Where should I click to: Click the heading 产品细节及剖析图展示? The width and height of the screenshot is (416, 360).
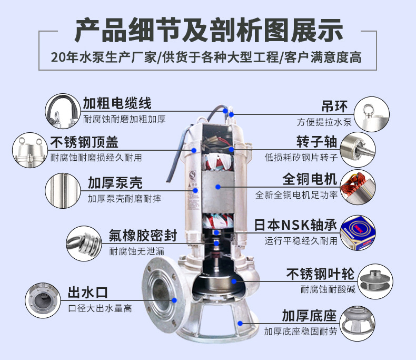(x=208, y=31)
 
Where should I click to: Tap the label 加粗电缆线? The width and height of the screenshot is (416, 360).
(x=117, y=103)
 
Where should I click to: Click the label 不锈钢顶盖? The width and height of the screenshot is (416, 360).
(x=84, y=142)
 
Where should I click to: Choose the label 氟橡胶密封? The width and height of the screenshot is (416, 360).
(x=143, y=235)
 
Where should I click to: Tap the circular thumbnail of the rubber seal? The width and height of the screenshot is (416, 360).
(x=85, y=242)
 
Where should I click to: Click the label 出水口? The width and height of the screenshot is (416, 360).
(x=87, y=293)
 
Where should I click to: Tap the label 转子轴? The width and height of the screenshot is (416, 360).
(x=316, y=142)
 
